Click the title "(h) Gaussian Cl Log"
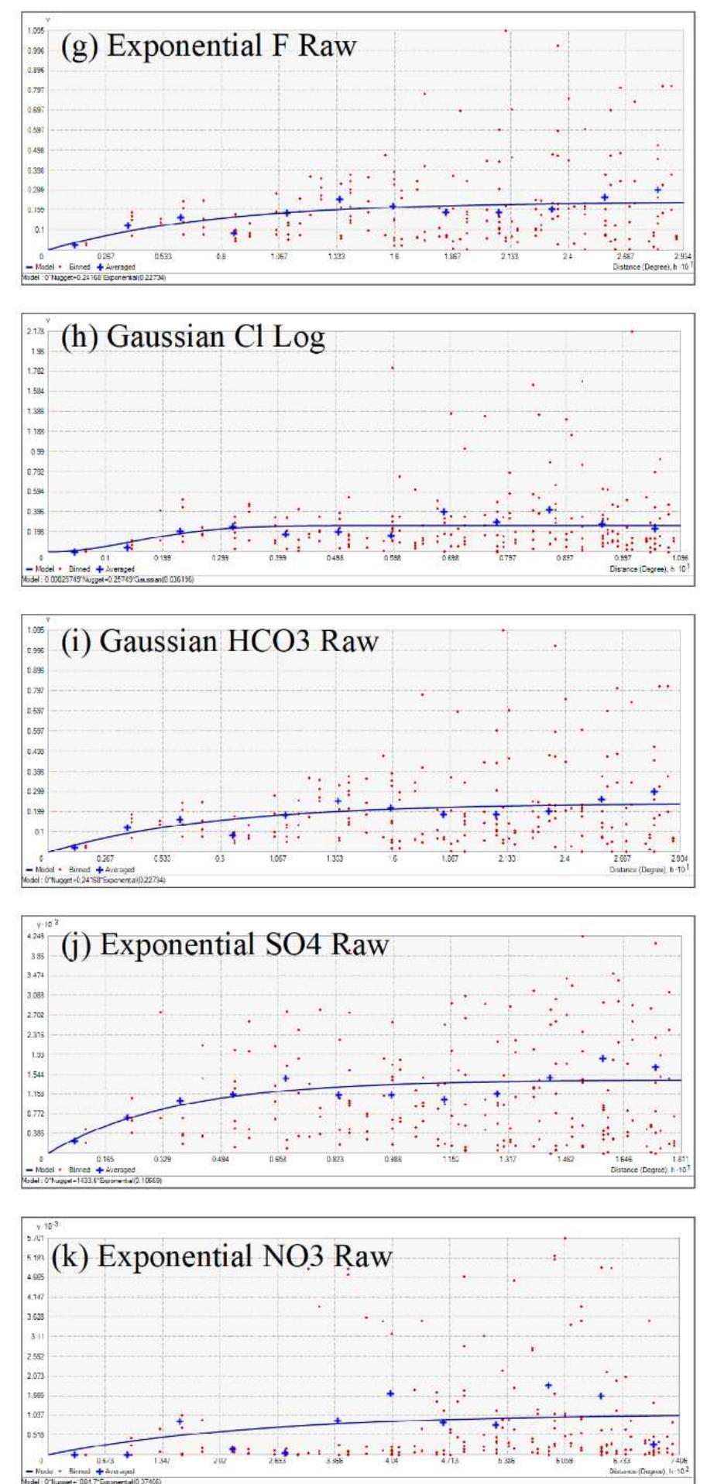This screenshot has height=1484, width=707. point(193,341)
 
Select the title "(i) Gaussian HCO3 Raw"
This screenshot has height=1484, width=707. point(220,642)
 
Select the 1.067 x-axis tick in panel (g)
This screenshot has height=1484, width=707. point(279,256)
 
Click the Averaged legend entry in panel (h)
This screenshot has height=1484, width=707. point(120,567)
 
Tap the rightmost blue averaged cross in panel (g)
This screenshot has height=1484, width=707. point(657,190)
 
